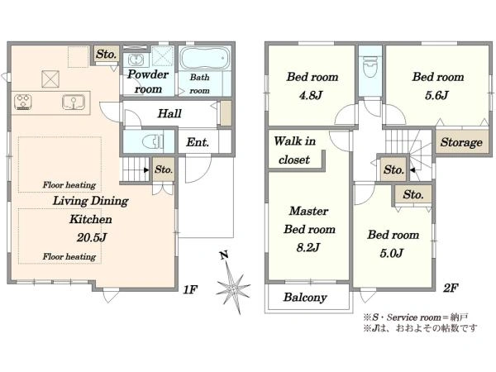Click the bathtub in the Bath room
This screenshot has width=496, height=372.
pos(205,58)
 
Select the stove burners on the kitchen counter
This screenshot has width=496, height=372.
pos(23,102)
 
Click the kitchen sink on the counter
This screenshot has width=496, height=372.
pos(74,102)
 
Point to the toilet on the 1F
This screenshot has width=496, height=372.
pos(153,141)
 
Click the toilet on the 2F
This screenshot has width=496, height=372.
pos(370,67)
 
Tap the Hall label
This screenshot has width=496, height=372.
pos(169,113)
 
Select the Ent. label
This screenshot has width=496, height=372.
pos(198,142)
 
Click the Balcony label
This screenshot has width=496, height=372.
pos(305,297)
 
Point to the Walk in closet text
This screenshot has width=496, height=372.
pos(295,150)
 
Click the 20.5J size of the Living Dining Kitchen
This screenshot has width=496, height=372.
pos(92,237)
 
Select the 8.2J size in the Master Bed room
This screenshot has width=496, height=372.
pos(308,247)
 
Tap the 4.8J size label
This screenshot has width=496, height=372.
pos(311,95)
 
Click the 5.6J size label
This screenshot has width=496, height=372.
pos(436,95)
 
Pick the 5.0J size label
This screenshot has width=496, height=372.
pos(392,253)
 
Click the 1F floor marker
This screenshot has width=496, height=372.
pos(190,289)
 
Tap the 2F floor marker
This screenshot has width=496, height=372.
pos(451,288)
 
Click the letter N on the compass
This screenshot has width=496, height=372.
pos(224,255)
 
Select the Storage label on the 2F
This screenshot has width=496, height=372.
pos(461,142)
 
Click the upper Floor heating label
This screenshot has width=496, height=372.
pos(69,184)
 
